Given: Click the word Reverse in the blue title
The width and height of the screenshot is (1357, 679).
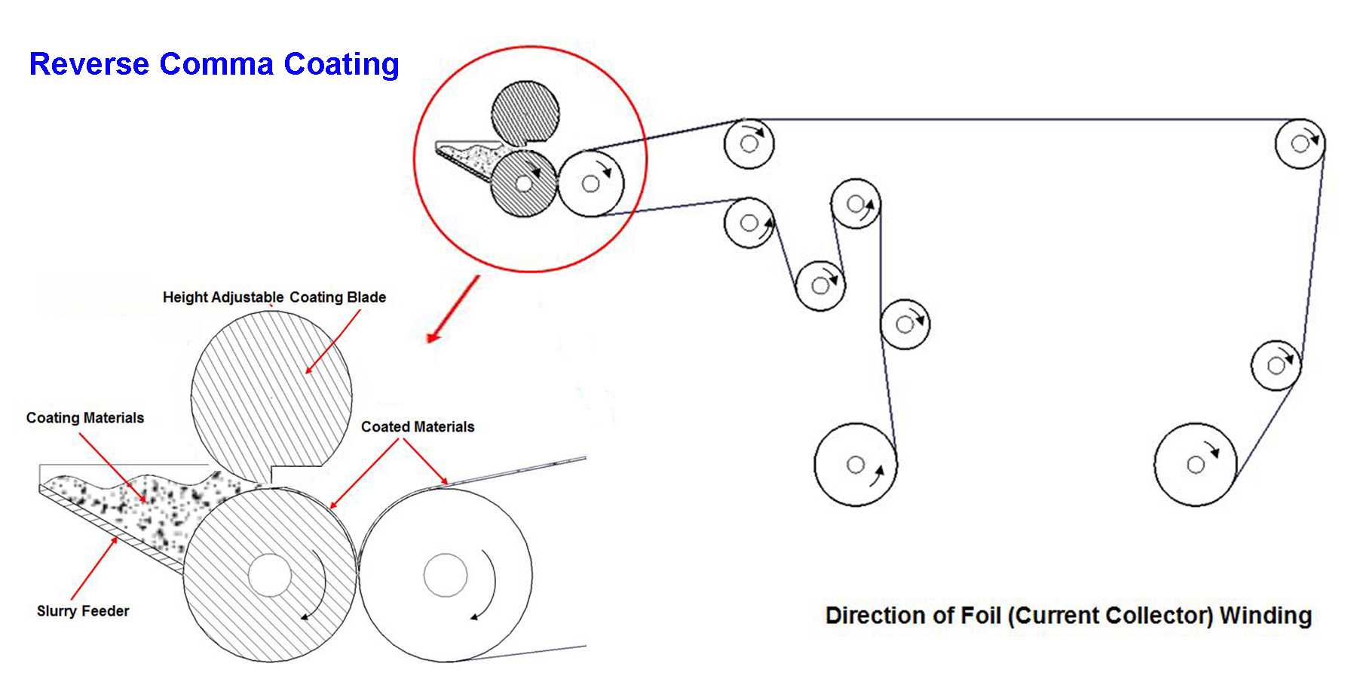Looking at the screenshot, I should [x=88, y=64].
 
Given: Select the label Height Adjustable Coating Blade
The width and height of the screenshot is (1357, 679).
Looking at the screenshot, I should [x=274, y=297].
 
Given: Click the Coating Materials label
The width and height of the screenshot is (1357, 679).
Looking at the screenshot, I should [x=84, y=418].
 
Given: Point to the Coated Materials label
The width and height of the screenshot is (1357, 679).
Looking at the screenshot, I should [x=418, y=427].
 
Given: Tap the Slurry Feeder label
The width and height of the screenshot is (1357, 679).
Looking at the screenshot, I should [x=83, y=611].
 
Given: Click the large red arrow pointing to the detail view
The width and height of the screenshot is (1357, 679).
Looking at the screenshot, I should [x=453, y=309].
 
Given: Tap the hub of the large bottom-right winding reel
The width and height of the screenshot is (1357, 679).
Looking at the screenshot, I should [x=1195, y=465].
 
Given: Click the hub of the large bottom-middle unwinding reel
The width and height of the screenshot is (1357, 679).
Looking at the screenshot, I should [x=855, y=465].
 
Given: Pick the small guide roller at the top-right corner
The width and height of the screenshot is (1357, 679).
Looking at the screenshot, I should [x=1299, y=143].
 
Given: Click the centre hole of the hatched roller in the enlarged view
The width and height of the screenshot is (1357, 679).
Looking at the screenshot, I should [x=269, y=576].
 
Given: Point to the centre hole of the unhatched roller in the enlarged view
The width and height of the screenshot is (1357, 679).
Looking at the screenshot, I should [x=445, y=576].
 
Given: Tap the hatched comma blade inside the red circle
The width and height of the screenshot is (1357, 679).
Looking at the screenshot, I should [x=525, y=113].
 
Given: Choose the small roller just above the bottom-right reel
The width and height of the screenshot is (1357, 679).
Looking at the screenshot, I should [x=1276, y=366].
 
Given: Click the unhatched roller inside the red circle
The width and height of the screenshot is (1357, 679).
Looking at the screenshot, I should [x=590, y=183].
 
